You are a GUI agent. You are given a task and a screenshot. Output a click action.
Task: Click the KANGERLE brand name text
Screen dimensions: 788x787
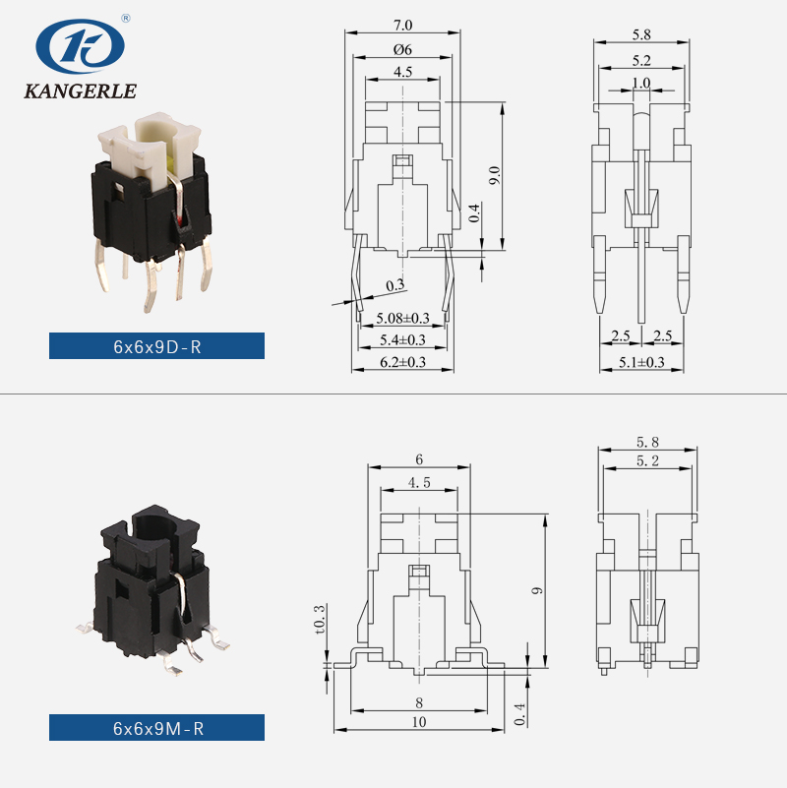(79, 92)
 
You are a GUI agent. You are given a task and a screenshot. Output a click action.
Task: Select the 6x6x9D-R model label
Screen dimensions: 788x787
(157, 346)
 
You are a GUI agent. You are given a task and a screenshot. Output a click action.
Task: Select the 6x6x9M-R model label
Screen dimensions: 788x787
(157, 728)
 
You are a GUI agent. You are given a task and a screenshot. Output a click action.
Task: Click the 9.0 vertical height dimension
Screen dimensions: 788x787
(495, 174)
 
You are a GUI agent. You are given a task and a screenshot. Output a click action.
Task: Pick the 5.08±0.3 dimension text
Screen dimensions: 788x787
(402, 318)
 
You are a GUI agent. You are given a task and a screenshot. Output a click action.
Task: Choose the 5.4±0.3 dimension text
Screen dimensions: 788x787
(402, 340)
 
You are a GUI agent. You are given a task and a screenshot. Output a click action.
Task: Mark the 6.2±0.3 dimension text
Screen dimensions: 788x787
(402, 362)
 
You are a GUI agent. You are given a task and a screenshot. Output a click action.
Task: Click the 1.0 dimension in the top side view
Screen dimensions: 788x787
(641, 84)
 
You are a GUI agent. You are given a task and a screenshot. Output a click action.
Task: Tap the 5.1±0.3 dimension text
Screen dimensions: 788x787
(641, 362)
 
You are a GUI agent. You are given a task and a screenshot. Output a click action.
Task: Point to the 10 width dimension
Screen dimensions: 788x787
(419, 721)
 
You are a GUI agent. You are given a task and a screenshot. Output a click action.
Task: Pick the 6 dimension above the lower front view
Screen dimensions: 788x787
(418, 459)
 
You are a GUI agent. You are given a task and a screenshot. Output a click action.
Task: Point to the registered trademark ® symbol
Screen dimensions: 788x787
(125, 18)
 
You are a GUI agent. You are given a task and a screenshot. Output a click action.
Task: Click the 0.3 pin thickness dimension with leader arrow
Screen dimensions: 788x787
(394, 285)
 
